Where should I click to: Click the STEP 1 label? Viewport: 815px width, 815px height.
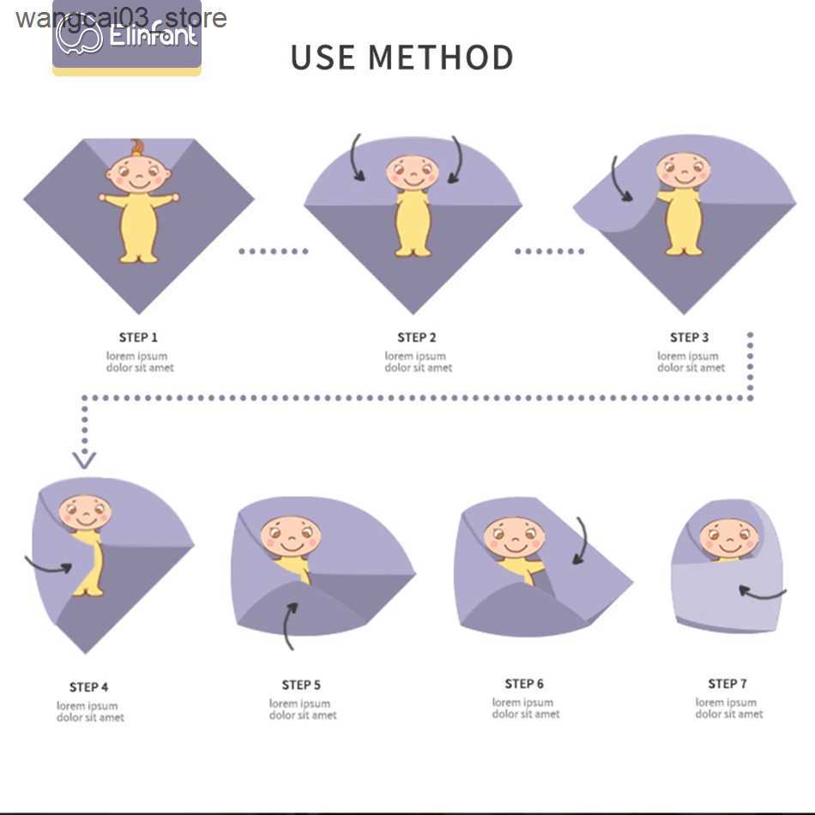pos(138,337)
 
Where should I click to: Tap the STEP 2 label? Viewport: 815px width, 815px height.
pos(416,337)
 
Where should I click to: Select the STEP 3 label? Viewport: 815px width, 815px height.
pos(690,337)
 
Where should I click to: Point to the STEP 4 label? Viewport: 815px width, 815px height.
pos(88,687)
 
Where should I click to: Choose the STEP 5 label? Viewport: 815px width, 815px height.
pos(301,685)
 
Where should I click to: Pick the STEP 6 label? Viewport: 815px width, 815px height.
pos(524,684)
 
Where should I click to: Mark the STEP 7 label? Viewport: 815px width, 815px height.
pos(727,684)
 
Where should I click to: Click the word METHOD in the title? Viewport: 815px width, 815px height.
pos(441,57)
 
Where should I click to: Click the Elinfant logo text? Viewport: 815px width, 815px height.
pos(154,37)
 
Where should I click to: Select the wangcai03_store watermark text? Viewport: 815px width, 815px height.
pos(121,17)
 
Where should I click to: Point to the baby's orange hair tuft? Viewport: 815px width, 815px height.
pos(137,147)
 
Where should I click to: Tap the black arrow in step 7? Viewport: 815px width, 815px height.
pos(762,592)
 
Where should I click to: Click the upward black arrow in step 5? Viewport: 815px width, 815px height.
pos(290,625)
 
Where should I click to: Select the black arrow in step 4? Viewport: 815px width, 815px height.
pos(50,565)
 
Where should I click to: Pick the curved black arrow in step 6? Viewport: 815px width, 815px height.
pos(582,540)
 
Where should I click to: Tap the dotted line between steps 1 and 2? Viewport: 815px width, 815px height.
pos(273,251)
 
